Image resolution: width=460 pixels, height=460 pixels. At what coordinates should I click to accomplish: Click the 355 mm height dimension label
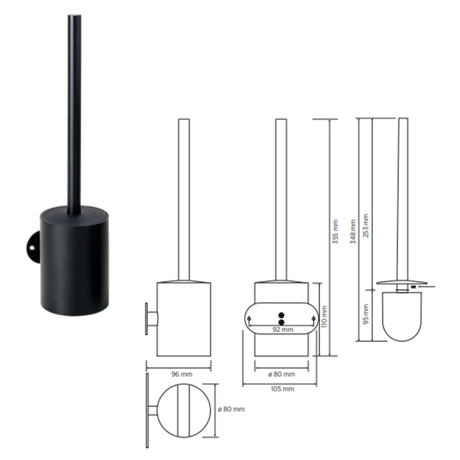(x=336, y=231)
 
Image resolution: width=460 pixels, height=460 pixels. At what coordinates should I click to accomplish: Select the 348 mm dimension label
(x=353, y=231)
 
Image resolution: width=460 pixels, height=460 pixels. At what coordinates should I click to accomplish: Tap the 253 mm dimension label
(x=366, y=225)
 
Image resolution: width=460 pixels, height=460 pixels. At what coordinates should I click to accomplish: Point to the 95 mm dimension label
(x=366, y=314)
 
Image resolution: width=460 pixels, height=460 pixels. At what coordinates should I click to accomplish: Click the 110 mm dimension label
(x=324, y=316)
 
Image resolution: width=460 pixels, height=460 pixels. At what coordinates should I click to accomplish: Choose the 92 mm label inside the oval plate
(x=283, y=329)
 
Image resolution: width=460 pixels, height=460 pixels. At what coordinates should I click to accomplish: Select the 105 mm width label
(x=282, y=389)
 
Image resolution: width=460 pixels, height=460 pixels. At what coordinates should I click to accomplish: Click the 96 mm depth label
(x=182, y=374)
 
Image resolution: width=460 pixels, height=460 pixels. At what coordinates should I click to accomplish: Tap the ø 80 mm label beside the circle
(x=231, y=409)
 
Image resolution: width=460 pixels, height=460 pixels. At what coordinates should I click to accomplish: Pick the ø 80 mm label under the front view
(x=282, y=374)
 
